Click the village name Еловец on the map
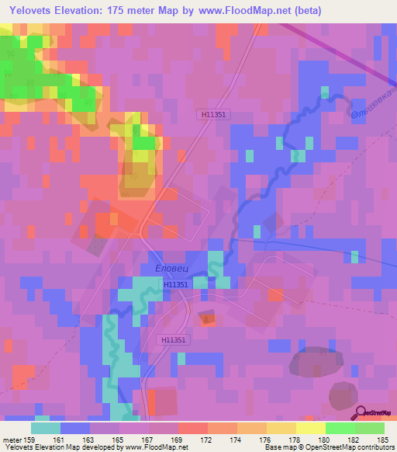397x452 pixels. click(171, 269)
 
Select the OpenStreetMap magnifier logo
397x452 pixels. click(362, 412)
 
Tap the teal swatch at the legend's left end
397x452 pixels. click(46, 427)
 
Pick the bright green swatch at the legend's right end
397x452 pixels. click(369, 427)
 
